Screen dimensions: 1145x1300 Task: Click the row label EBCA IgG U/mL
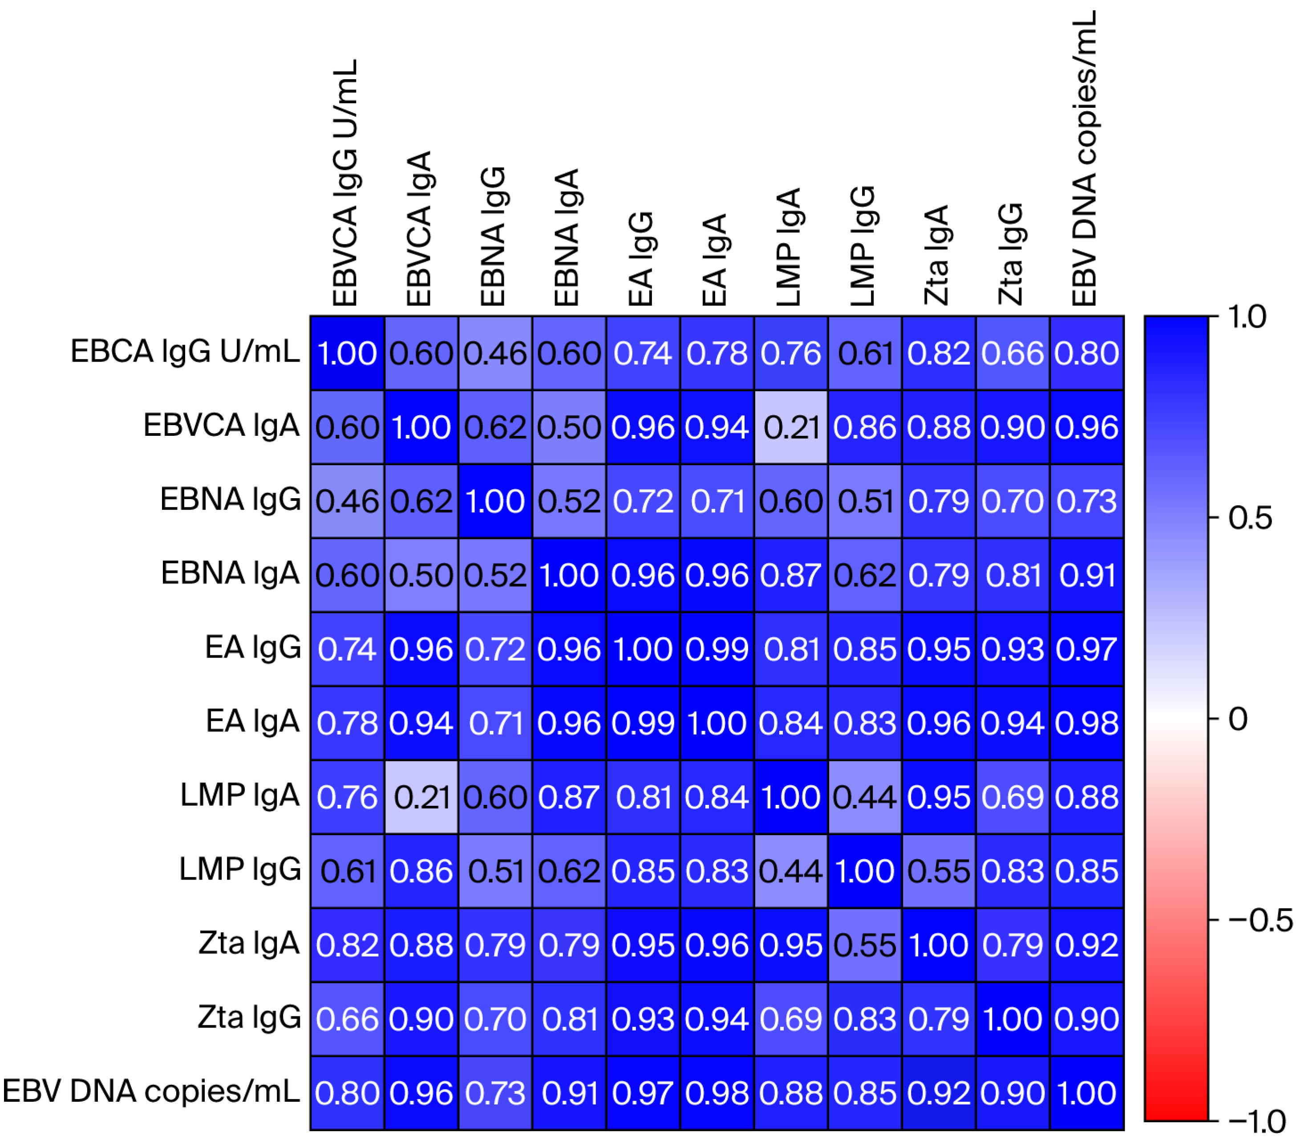184,351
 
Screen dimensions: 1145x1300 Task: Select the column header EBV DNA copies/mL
1085,159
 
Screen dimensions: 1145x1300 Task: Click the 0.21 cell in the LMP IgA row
421,797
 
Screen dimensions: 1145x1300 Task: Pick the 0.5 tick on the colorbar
1250,518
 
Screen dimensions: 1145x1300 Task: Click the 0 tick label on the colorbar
1238,719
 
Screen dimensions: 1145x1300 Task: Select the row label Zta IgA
249,943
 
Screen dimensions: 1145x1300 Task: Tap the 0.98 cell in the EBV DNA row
717,1093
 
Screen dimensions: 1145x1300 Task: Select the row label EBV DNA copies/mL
151,1091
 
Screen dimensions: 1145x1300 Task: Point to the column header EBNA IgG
493,237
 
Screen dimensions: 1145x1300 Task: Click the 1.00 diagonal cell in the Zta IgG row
1012,1019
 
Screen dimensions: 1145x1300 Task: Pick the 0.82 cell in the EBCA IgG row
938,353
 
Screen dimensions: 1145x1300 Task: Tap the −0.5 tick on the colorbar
1260,921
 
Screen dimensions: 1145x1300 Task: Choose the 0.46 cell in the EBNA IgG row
347,501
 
